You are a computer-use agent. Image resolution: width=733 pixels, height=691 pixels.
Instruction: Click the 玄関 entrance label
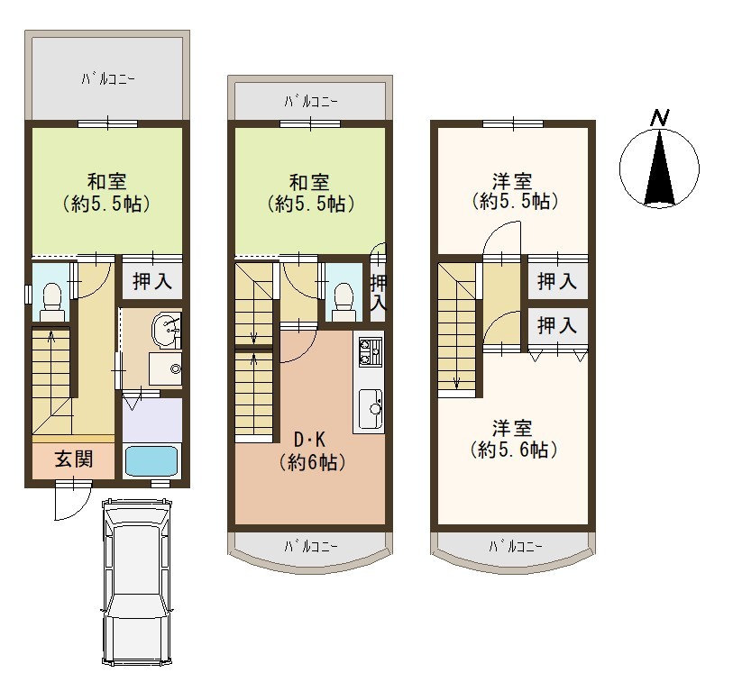(x=74, y=459)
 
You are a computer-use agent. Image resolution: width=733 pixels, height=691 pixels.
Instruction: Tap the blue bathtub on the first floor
(x=151, y=461)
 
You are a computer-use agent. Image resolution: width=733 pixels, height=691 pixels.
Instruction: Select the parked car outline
(x=136, y=581)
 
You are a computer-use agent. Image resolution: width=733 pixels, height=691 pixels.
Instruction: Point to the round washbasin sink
(x=166, y=331)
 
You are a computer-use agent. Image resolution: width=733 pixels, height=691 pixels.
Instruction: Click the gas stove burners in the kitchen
(x=370, y=352)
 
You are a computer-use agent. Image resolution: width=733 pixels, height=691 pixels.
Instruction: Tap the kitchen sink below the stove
(x=371, y=409)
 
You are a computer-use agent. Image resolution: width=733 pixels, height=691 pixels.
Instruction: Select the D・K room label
(x=309, y=440)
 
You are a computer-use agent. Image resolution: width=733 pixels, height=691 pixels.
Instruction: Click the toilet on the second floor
(x=344, y=302)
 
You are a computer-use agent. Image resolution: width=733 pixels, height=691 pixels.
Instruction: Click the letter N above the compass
(x=660, y=117)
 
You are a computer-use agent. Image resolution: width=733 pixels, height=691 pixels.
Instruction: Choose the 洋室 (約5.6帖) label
(x=513, y=439)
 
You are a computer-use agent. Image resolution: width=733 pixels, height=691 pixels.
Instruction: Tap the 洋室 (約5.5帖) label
(x=513, y=191)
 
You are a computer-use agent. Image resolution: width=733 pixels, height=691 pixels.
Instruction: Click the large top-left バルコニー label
(x=108, y=79)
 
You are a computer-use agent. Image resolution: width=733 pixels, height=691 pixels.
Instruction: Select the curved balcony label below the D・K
(x=311, y=546)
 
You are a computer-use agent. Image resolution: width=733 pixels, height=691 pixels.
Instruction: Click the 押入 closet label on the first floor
(x=152, y=281)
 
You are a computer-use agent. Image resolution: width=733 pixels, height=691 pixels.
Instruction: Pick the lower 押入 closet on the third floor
(x=557, y=325)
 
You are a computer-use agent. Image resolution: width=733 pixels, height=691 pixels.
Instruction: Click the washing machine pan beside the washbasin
(x=166, y=368)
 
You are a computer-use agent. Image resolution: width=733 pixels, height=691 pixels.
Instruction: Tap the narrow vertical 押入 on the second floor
(x=378, y=293)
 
